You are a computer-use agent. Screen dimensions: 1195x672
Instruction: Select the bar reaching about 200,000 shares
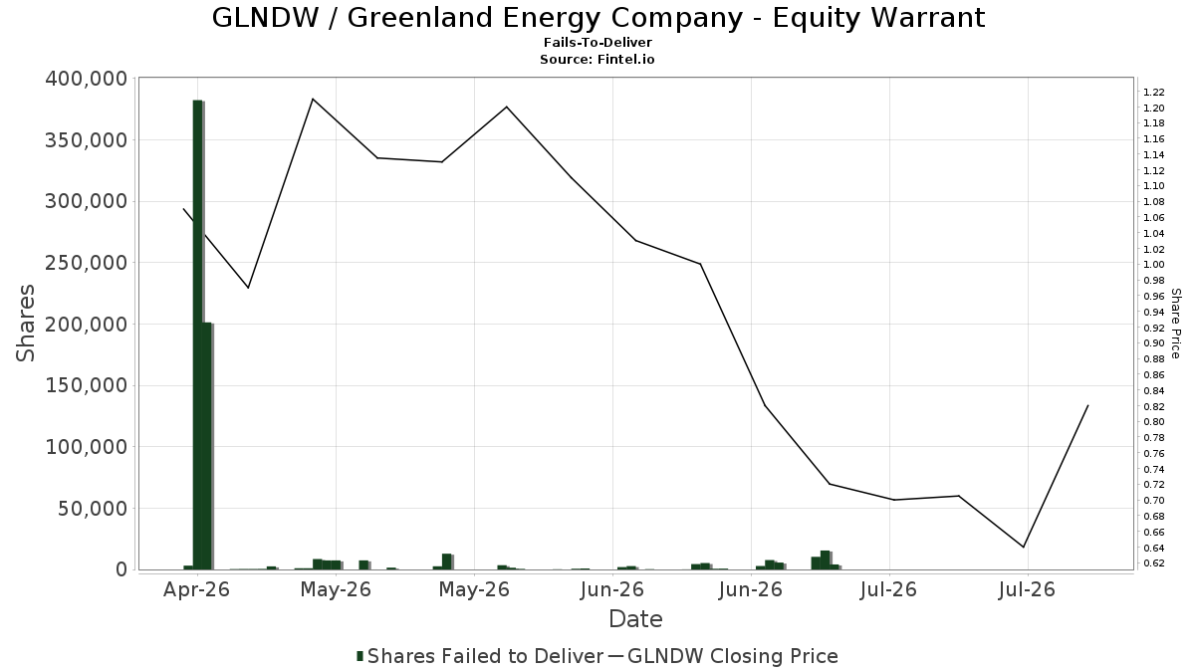[207, 446]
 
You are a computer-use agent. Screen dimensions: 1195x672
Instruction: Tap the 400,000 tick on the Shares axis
[87, 79]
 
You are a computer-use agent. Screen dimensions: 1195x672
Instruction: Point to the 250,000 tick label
[87, 263]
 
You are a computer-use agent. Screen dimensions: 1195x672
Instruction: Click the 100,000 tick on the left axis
[87, 447]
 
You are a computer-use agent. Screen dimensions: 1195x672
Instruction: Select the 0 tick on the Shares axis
[122, 569]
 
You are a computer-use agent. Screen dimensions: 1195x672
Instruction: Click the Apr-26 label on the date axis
[197, 589]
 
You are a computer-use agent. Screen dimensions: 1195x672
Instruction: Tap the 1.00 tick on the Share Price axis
[1153, 265]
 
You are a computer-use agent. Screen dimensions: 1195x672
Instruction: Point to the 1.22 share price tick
[1153, 93]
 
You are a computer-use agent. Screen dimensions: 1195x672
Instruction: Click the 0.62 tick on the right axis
[1153, 563]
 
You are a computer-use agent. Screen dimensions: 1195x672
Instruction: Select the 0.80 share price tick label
[1153, 422]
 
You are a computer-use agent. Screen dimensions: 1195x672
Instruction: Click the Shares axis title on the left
[25, 324]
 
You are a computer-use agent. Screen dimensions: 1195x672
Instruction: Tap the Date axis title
[635, 619]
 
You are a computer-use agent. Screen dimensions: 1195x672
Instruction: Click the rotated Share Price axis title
[1176, 324]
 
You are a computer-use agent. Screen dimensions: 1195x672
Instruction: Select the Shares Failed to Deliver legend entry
[480, 656]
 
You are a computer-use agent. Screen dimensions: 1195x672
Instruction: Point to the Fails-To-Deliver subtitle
[597, 42]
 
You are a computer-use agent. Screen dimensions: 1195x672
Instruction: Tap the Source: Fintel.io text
[597, 59]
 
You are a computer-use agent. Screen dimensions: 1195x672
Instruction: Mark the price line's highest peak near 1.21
[313, 99]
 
